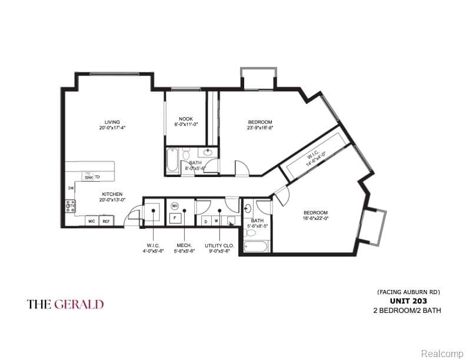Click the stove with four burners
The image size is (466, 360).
click(x=70, y=206)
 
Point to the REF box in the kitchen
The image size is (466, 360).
click(x=106, y=221)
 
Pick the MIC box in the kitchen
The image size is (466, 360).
click(x=91, y=221)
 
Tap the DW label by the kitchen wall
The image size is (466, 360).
click(x=71, y=188)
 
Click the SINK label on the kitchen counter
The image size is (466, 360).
click(x=88, y=176)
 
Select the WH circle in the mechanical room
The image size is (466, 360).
click(x=175, y=206)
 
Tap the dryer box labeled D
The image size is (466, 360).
click(x=205, y=221)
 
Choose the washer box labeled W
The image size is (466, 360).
click(x=215, y=221)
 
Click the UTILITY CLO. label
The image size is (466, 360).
click(x=217, y=245)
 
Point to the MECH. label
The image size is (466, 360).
click(x=183, y=245)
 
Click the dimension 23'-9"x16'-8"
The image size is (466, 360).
click(x=259, y=127)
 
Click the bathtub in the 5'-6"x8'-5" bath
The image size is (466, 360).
click(x=256, y=245)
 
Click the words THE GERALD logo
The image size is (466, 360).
click(x=65, y=304)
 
